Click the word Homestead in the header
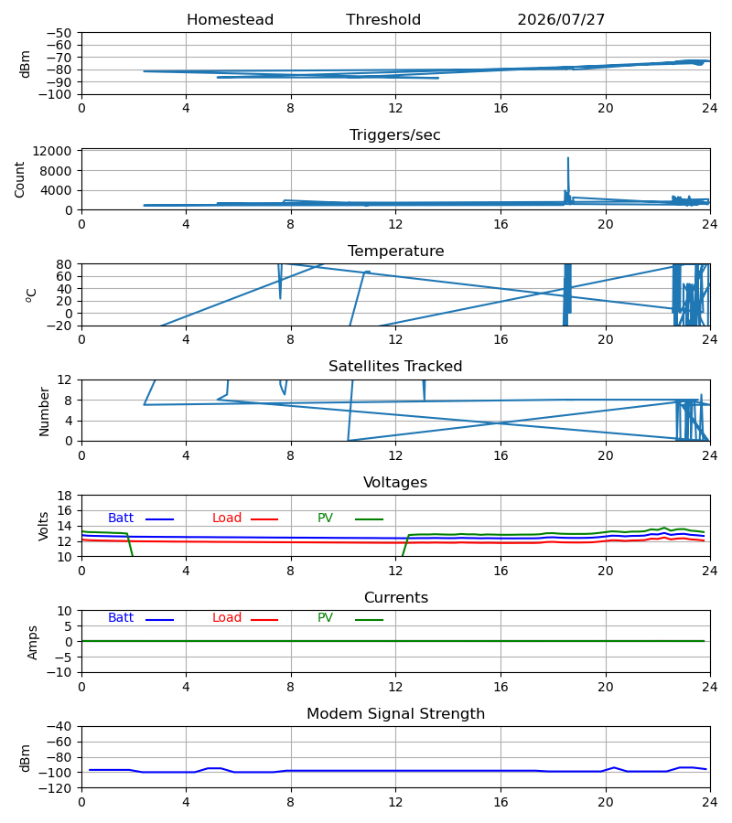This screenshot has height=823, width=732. [x=230, y=20]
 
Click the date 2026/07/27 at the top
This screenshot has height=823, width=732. [x=561, y=20]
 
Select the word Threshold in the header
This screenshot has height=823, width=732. [x=383, y=20]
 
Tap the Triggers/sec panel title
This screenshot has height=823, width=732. [x=395, y=135]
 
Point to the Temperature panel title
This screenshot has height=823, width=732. [x=395, y=251]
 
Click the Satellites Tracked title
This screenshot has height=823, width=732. [x=395, y=367]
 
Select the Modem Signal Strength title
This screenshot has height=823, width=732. [x=395, y=714]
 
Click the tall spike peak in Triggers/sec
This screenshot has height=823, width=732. [x=567, y=158]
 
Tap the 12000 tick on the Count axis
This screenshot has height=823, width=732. [x=52, y=151]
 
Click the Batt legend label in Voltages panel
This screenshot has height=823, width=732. [x=121, y=518]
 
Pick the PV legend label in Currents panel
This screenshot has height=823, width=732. [x=325, y=618]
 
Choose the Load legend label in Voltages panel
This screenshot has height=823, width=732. [x=227, y=518]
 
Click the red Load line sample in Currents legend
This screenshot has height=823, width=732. [x=264, y=620]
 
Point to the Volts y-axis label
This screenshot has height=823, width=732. [x=43, y=526]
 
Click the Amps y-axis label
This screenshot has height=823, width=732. [x=33, y=642]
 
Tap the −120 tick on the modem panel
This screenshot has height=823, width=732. [x=59, y=788]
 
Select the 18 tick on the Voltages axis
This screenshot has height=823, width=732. [x=65, y=496]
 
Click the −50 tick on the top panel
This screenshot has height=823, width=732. [x=59, y=33]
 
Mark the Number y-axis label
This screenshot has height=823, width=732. [x=44, y=411]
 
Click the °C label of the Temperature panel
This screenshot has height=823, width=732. [x=31, y=295]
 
